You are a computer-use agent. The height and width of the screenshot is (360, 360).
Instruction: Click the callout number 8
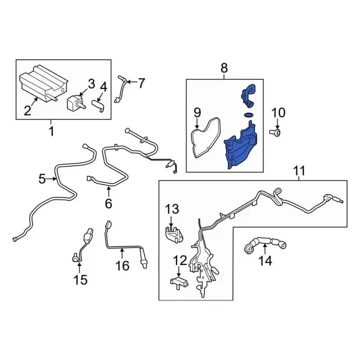point(224,68)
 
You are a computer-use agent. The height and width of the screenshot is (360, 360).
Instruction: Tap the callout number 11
point(299,171)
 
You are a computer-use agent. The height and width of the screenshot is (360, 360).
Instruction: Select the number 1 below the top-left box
point(52,131)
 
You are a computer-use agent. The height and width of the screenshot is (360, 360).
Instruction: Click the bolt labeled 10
point(275,132)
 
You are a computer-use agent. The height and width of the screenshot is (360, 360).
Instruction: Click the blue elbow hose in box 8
point(248,95)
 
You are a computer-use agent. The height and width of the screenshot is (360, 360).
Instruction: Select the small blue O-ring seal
point(249,114)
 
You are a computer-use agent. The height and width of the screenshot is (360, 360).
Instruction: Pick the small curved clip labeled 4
point(98,106)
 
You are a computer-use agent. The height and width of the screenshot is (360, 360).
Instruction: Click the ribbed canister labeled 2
point(44,83)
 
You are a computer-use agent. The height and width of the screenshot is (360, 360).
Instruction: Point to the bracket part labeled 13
point(174,235)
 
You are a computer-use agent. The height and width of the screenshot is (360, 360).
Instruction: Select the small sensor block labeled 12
point(179,282)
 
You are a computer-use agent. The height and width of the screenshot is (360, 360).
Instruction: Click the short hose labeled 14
point(265,244)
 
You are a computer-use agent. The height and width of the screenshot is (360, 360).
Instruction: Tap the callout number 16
point(123,265)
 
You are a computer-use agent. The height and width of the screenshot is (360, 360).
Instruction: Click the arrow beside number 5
point(51,179)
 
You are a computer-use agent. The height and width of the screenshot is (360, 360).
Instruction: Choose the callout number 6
point(109,203)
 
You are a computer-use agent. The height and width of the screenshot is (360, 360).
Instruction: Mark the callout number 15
point(80,280)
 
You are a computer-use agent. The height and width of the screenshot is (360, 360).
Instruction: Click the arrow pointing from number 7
point(132,82)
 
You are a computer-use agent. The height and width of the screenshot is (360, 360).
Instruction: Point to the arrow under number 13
point(171,222)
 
